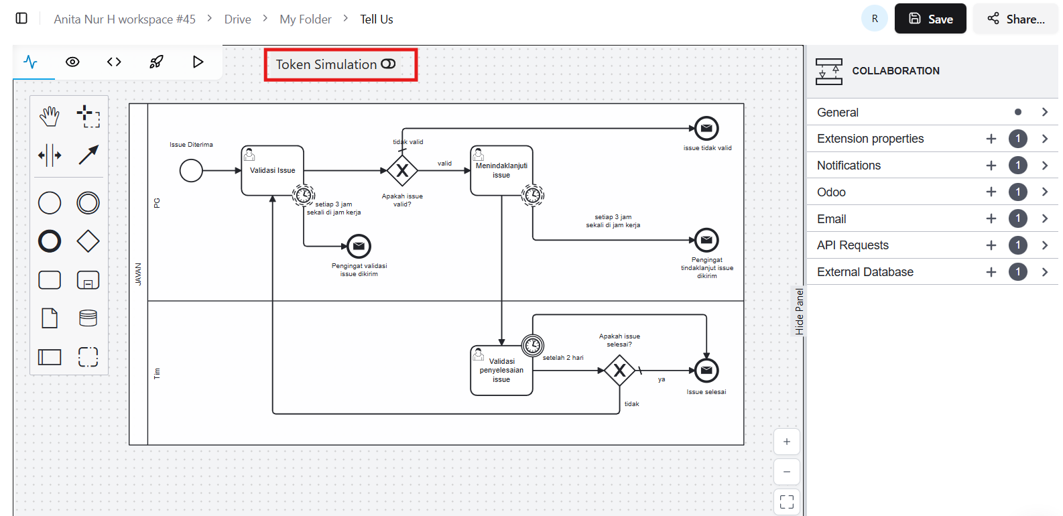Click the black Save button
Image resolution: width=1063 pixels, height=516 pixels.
(930, 19)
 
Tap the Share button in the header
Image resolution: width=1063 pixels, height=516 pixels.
(1015, 19)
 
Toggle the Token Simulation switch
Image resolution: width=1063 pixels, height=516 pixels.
(388, 64)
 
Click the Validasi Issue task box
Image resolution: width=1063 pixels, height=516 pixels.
(272, 171)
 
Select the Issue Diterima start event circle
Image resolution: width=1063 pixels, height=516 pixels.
(191, 170)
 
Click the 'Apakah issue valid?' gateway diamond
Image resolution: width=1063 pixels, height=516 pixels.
(402, 170)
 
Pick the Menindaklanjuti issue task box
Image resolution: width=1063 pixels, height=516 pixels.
(501, 171)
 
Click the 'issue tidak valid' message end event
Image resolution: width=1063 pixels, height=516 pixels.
(706, 128)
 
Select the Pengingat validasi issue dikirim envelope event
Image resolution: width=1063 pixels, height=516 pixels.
(359, 246)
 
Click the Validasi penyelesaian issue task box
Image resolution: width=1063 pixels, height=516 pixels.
(501, 371)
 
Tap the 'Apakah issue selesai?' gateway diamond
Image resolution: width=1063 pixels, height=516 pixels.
(619, 370)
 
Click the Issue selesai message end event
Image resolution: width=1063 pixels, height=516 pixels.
(706, 370)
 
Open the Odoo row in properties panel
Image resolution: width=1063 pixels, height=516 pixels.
(831, 192)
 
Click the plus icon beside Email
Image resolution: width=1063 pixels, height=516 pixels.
(991, 218)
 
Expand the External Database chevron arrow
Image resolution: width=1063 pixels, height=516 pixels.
(1044, 272)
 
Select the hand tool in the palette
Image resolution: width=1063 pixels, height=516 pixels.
(50, 117)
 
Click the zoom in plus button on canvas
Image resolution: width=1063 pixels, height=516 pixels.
(786, 442)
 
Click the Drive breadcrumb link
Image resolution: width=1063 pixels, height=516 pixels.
(237, 19)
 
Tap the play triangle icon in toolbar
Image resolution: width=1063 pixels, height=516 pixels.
(198, 62)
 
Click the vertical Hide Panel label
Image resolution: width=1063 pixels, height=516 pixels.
(799, 312)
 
